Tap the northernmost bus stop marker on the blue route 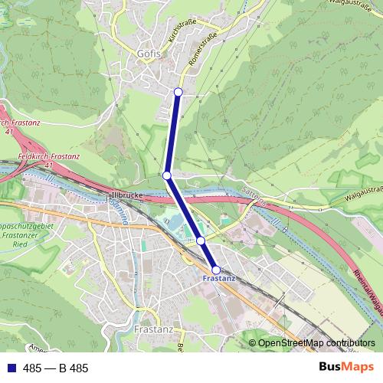pyautogui.click(x=178, y=92)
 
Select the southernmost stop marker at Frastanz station pyautogui.click(x=216, y=270)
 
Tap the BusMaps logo pyautogui.click(x=346, y=368)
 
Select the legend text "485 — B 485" pyautogui.click(x=56, y=368)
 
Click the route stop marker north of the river pyautogui.click(x=166, y=175)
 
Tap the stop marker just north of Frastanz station pyautogui.click(x=201, y=241)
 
